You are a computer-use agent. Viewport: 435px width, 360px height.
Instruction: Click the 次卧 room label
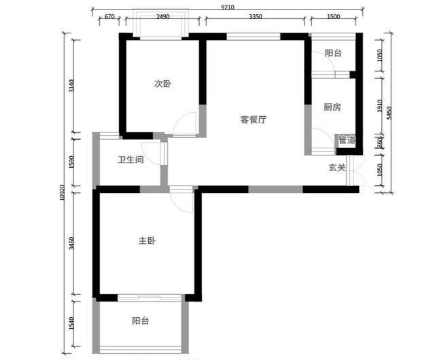coord(161,84)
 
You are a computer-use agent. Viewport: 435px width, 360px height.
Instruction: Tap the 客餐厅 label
coord(253,120)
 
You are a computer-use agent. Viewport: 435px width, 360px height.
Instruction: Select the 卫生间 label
coord(130,160)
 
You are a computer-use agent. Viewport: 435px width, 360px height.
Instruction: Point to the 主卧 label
coord(147,241)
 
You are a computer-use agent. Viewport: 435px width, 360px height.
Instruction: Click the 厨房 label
coord(332,107)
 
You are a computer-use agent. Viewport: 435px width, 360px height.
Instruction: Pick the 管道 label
coord(347,141)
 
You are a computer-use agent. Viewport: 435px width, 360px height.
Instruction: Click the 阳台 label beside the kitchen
coord(332,53)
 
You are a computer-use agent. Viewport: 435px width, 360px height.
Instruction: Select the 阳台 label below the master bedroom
coord(141,321)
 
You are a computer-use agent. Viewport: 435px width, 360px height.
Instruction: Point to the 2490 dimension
coord(162,17)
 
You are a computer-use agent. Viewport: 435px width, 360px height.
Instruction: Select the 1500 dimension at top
coord(332,17)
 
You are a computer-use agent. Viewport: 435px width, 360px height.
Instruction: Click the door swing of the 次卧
coord(184,126)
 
